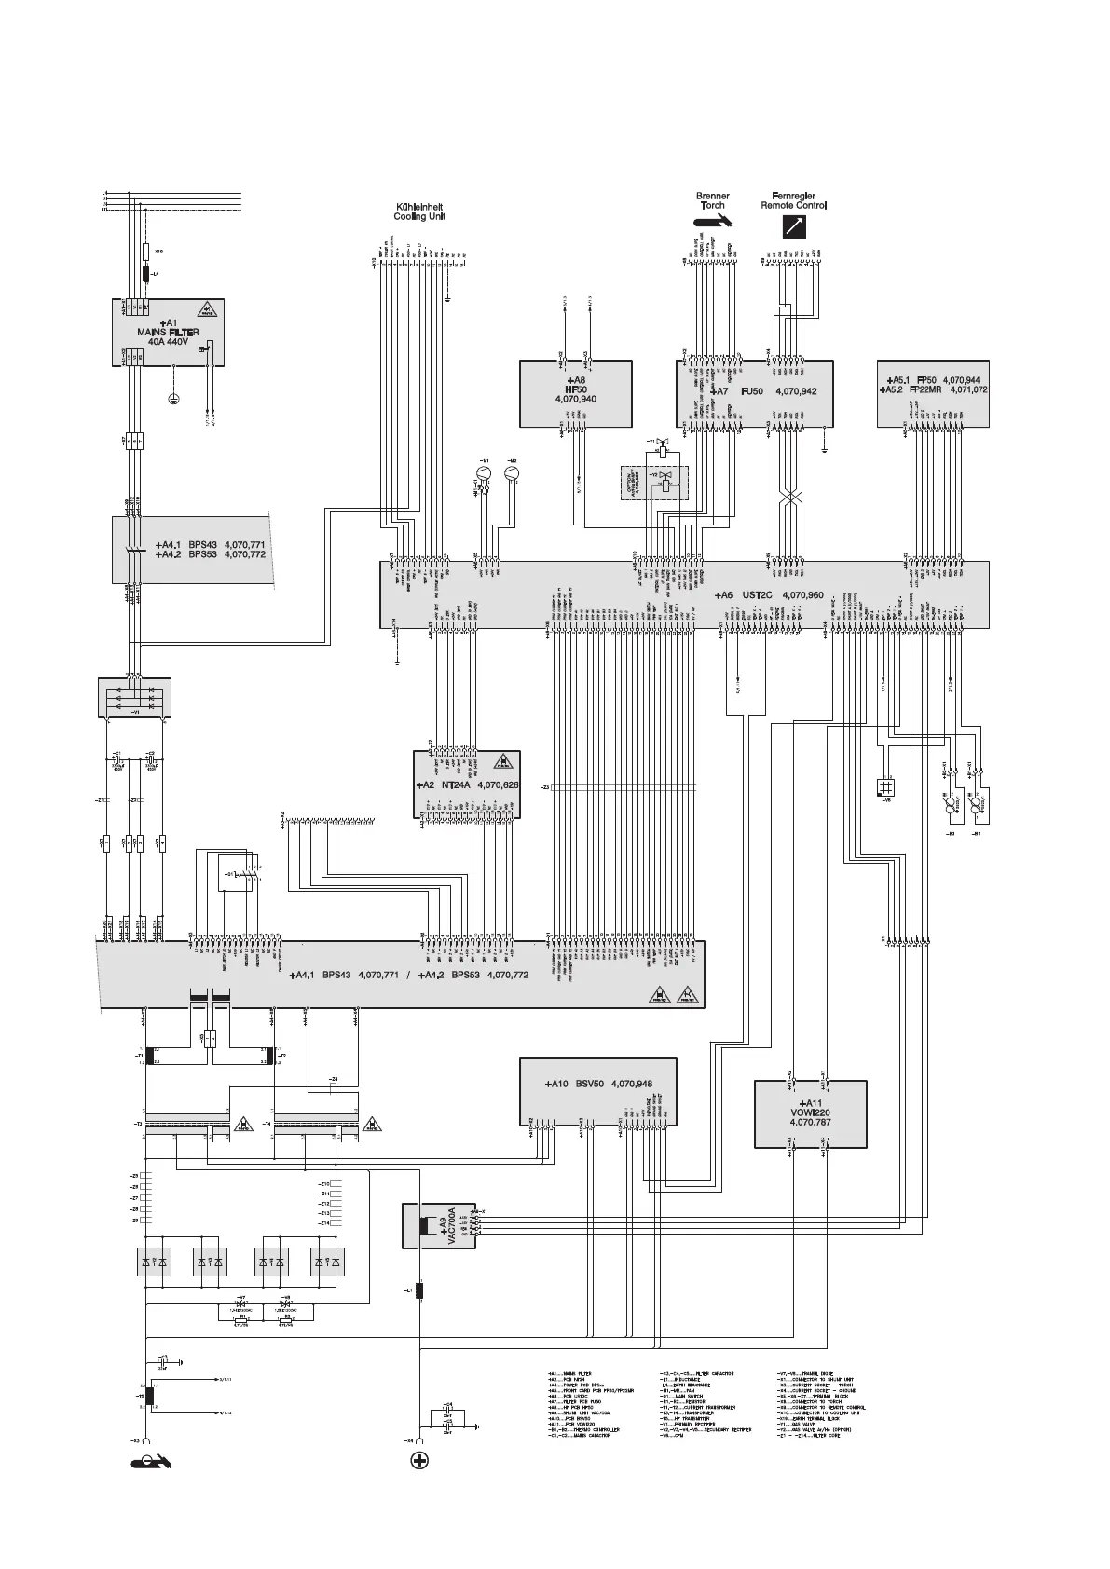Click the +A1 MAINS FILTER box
(163, 333)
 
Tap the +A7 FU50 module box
(754, 392)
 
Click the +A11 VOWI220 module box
(809, 1113)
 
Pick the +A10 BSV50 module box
(597, 1091)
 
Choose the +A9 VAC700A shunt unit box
(438, 1225)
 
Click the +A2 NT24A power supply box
(466, 785)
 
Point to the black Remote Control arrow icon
(793, 225)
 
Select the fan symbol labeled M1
(484, 473)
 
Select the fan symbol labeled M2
(512, 473)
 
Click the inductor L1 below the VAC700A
(419, 1290)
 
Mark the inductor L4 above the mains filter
(145, 274)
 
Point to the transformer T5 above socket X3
(147, 1397)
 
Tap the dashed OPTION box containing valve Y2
(654, 483)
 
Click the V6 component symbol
(885, 786)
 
